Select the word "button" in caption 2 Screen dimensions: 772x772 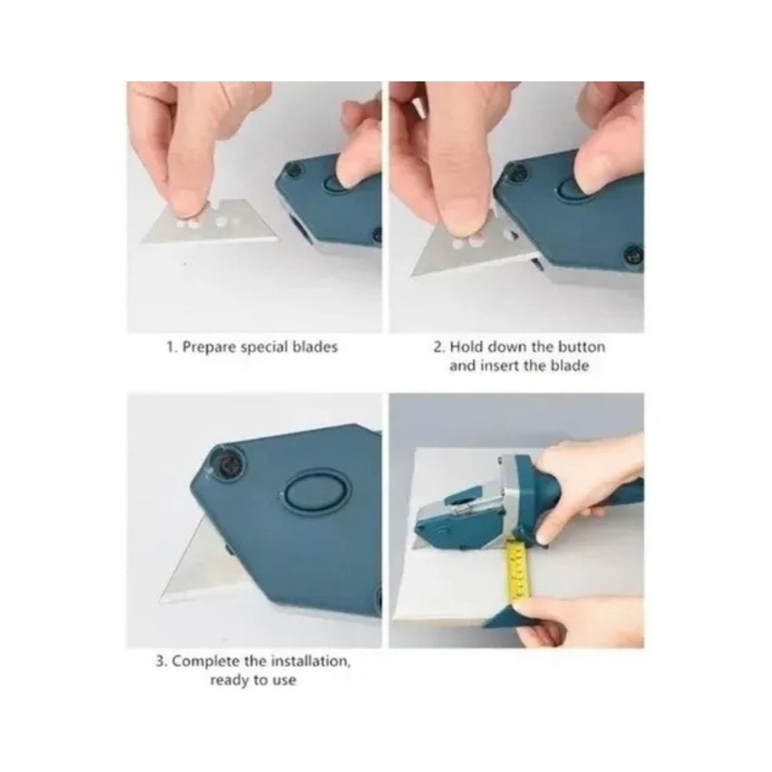pyautogui.click(x=581, y=347)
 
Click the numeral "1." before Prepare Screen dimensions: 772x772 pyautogui.click(x=172, y=347)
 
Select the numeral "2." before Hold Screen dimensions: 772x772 pyautogui.click(x=439, y=347)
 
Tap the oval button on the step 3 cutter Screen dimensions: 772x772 pyautogui.click(x=315, y=491)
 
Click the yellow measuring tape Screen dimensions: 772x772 pyautogui.click(x=518, y=570)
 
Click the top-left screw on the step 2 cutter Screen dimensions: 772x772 pyautogui.click(x=517, y=172)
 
